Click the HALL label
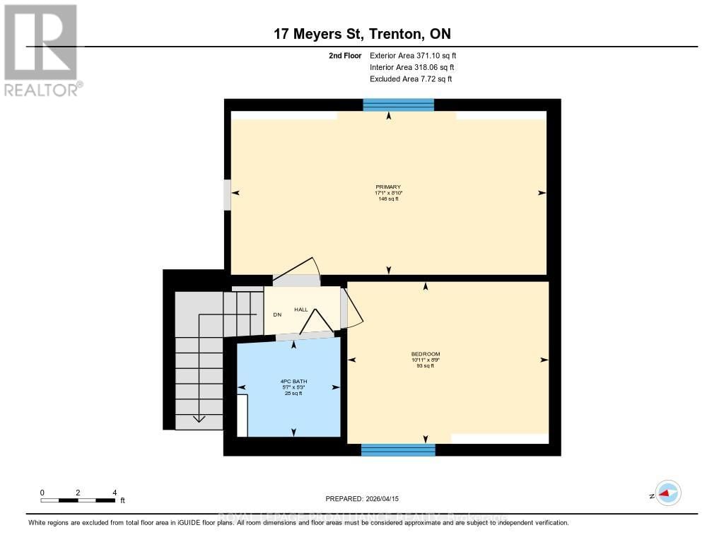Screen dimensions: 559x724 300,310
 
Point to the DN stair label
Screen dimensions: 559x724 278,314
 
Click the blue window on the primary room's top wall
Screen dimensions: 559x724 398,105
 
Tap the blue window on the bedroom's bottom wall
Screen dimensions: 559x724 398,450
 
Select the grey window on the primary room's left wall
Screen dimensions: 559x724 227,195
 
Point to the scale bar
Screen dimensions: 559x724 78,500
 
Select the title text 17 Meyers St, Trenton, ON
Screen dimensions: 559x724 362,33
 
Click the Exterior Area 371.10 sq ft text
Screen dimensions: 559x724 418,55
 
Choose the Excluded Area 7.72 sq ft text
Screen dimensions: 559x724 411,79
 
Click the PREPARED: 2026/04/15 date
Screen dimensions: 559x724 362,498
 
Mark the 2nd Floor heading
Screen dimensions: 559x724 345,55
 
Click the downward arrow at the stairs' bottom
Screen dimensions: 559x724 199,418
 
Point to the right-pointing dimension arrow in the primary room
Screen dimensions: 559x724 542,193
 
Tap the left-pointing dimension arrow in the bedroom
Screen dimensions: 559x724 352,360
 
